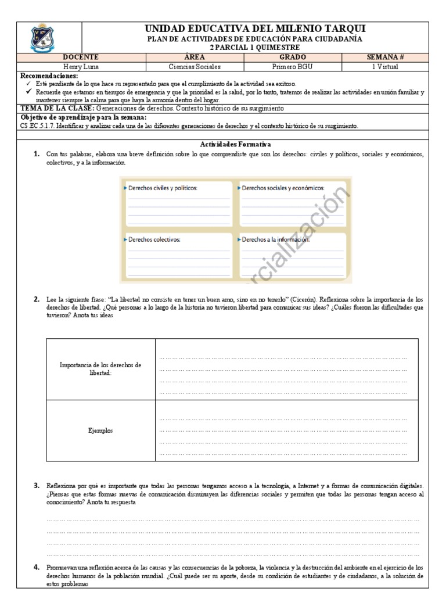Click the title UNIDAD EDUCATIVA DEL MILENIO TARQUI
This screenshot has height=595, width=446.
[255, 29]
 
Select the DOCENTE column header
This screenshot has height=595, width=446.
[81, 58]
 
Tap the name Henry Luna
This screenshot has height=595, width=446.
[81, 66]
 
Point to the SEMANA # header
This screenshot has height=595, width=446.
[385, 58]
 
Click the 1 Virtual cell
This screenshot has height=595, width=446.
[385, 66]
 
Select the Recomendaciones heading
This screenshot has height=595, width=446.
[49, 76]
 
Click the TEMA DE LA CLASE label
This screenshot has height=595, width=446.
[57, 109]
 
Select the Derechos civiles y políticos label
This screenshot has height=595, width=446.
[163, 188]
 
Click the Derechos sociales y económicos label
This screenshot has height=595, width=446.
[282, 188]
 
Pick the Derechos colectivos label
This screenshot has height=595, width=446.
[154, 239]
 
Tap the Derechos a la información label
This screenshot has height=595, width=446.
[275, 239]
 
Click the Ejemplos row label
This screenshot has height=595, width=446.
[101, 431]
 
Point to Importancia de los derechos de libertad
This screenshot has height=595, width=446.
[101, 369]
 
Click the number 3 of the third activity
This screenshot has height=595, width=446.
[36, 485]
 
